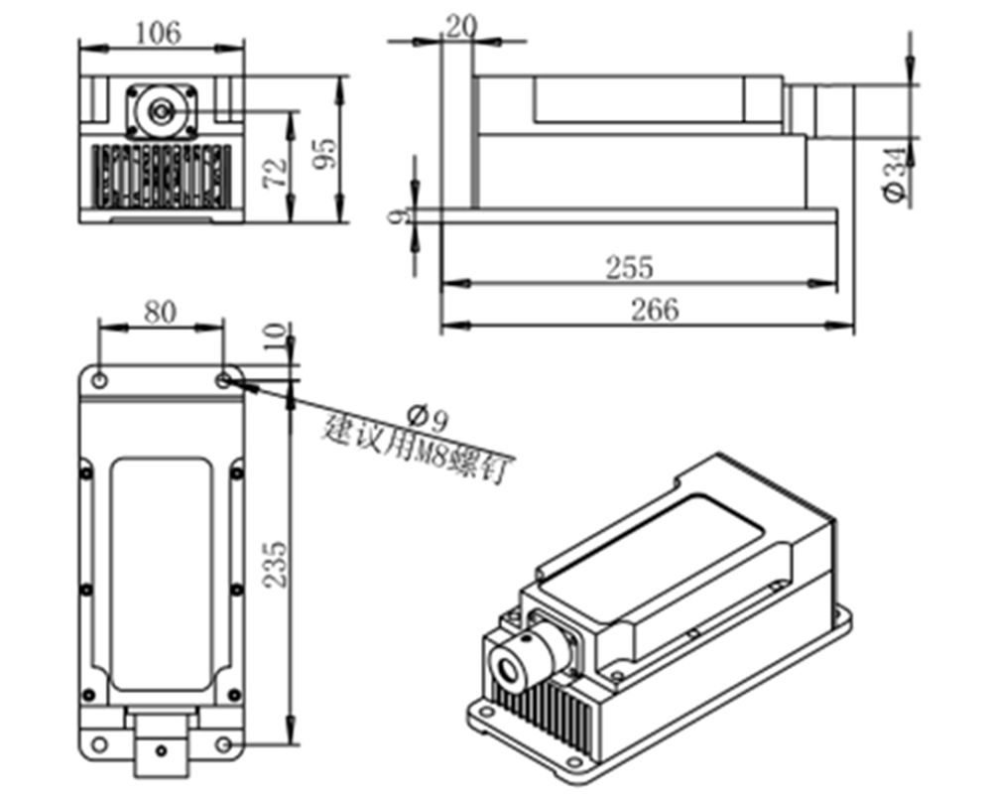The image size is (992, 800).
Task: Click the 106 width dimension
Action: point(159,33)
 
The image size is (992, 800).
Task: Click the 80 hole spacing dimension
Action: point(161,312)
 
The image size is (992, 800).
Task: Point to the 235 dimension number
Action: point(275,565)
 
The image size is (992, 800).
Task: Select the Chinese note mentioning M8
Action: point(416,447)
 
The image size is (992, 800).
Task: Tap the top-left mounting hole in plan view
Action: point(99,378)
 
